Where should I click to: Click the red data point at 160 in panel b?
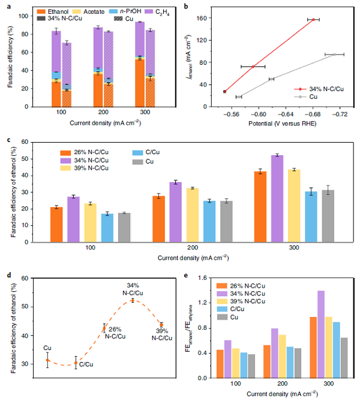pos(313,19)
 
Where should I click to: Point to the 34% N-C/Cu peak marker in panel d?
pos(133,300)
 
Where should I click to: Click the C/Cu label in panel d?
pos(86,364)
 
